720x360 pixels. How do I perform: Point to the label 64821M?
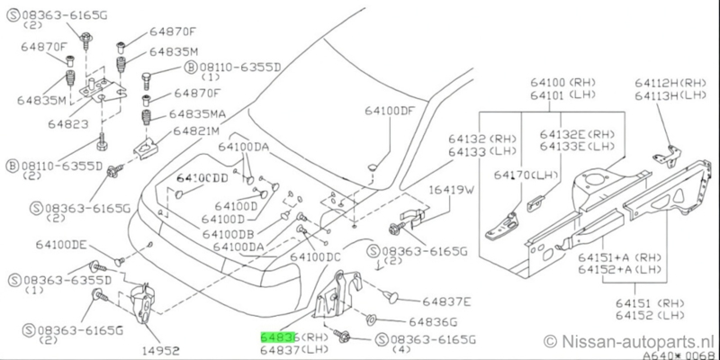click(174, 131)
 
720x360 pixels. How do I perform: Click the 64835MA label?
click(182, 115)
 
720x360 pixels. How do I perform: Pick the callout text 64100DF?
click(391, 112)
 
